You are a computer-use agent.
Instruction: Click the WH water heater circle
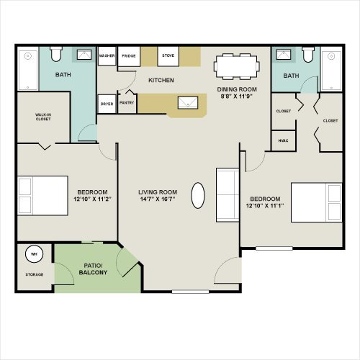(34, 254)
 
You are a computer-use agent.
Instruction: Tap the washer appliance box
(107, 55)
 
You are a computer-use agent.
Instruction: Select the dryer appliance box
(107, 104)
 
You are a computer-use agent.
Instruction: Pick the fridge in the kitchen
(129, 56)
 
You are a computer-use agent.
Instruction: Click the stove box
(168, 56)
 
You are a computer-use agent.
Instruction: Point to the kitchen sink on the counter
(188, 103)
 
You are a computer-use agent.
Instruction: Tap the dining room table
(237, 66)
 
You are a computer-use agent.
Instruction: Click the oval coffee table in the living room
(198, 195)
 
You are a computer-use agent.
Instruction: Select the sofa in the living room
(228, 195)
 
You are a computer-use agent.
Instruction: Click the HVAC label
(283, 140)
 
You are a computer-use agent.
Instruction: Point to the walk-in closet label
(43, 117)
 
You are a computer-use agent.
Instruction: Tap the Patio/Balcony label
(93, 269)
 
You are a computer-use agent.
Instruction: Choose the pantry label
(127, 103)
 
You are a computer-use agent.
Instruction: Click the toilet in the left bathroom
(56, 54)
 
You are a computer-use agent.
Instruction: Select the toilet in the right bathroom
(308, 55)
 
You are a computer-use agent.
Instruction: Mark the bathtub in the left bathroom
(28, 68)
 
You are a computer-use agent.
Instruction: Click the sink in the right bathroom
(284, 55)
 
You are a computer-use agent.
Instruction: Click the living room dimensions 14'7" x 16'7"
(158, 199)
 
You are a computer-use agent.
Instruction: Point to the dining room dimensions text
(237, 96)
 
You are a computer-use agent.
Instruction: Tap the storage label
(35, 274)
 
